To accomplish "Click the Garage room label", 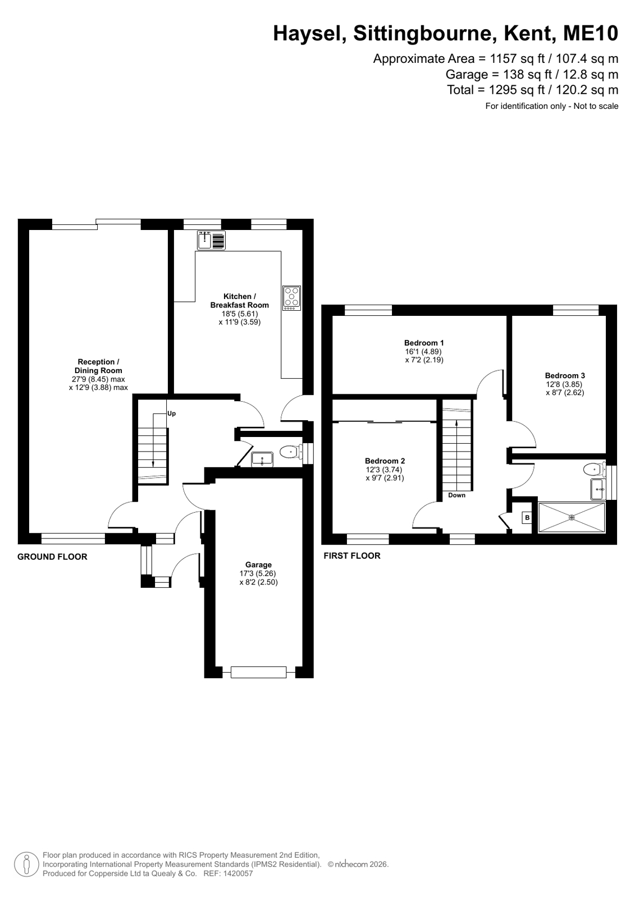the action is [x=259, y=565].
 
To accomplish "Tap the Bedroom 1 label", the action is [x=424, y=343].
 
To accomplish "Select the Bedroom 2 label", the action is [x=385, y=461].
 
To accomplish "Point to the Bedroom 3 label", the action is [x=565, y=376].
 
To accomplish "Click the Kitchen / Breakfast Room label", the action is [x=240, y=301].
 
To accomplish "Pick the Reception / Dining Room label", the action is [x=98, y=366].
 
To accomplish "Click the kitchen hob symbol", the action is [x=291, y=298].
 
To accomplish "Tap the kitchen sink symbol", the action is [x=211, y=240].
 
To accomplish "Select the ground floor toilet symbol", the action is [x=291, y=453].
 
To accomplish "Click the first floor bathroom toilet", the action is [x=595, y=468].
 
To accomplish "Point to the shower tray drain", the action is [x=572, y=518].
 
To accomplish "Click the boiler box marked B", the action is [x=527, y=518].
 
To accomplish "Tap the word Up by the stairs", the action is [x=172, y=414].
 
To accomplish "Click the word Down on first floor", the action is [x=456, y=495].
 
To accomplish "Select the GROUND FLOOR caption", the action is [x=52, y=556].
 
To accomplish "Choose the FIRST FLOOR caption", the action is [x=352, y=556].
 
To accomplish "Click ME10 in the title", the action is [x=591, y=34].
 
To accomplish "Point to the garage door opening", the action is [x=259, y=673].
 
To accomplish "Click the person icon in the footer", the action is [x=26, y=864].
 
